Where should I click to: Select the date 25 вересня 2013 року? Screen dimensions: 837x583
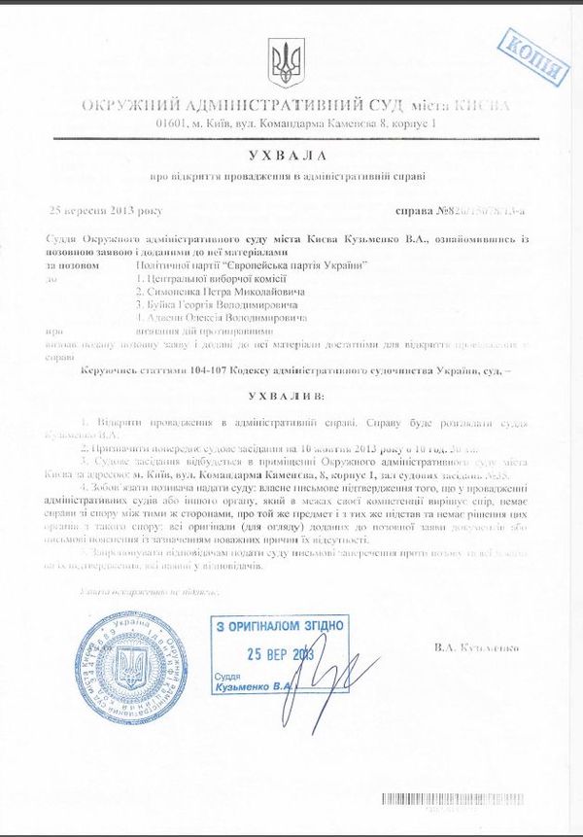tap(107, 211)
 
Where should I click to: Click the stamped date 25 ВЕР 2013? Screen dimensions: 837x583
tap(282, 653)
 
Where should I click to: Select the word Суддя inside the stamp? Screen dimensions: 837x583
tap(230, 674)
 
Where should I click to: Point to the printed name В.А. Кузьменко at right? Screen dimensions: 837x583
tap(478, 646)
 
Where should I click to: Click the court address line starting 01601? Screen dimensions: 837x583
tap(296, 124)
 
